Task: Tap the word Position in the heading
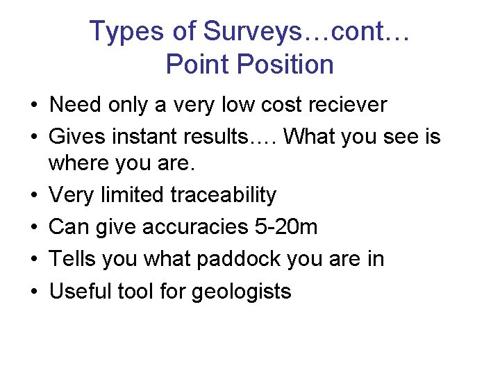285,65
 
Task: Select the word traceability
223,195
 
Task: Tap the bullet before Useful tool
34,292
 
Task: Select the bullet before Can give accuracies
34,228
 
